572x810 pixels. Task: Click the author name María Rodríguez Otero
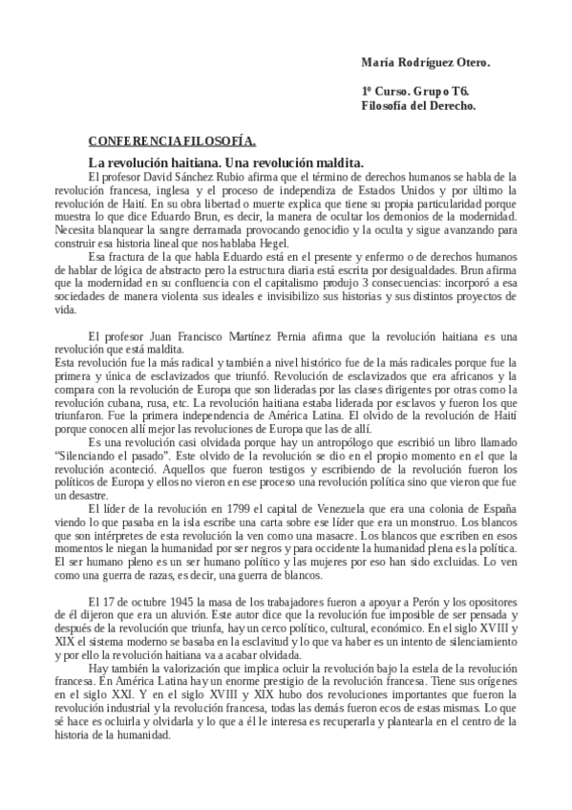coord(425,62)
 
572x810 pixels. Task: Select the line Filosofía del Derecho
coord(418,105)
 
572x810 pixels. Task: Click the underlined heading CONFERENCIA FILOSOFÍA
coord(172,140)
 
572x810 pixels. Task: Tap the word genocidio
coord(361,229)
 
